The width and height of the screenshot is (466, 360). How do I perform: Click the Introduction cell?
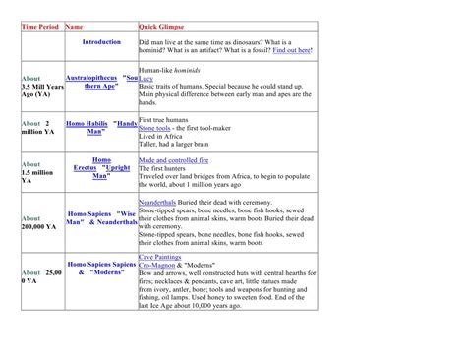(101, 42)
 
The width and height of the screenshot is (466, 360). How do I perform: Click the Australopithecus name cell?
(101, 81)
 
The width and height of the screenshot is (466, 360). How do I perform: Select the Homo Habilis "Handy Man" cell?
(101, 127)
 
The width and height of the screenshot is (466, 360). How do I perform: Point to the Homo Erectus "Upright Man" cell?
(101, 167)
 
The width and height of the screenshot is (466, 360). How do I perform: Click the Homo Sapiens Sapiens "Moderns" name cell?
(101, 270)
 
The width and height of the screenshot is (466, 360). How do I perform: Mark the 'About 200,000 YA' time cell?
(39, 222)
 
